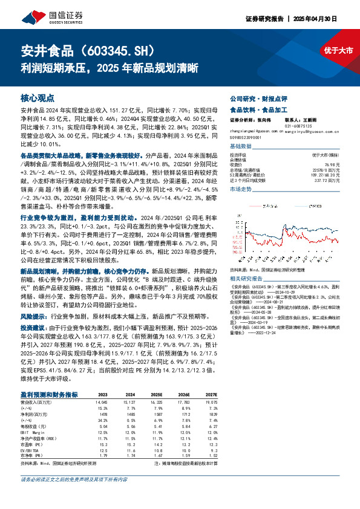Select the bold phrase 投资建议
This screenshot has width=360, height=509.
click(x=34, y=325)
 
